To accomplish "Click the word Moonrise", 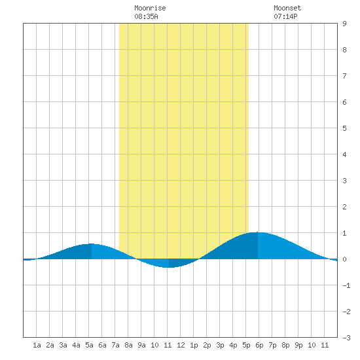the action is click(x=150, y=8).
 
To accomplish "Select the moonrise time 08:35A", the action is click(x=146, y=16).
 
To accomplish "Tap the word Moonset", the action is click(x=287, y=8).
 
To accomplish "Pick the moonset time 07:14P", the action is click(x=285, y=16).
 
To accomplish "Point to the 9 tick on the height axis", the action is click(x=344, y=24).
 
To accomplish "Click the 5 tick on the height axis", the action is click(x=344, y=128).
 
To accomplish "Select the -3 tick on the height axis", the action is click(x=346, y=338).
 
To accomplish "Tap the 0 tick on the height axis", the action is click(x=344, y=259).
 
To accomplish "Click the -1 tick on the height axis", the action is click(x=346, y=285).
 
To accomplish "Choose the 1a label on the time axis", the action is click(x=37, y=345).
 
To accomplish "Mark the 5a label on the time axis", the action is click(x=89, y=345).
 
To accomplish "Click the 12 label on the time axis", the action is click(x=181, y=345).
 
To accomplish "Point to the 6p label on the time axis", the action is click(x=259, y=345).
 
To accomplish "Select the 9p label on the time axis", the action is click(x=298, y=345).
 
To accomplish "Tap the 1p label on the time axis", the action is click(x=194, y=345).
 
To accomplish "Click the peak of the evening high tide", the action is click(x=258, y=232).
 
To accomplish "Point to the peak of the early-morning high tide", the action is click(x=92, y=243).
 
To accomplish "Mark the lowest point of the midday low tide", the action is click(x=169, y=268).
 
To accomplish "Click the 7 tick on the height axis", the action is click(x=344, y=76).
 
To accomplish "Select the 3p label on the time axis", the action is click(x=220, y=345).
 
